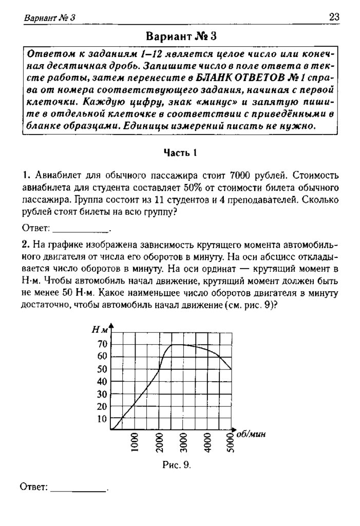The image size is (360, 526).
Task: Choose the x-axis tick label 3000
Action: point(184,442)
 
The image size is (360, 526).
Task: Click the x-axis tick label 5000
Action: point(231,442)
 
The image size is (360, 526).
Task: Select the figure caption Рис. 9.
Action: point(177,465)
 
